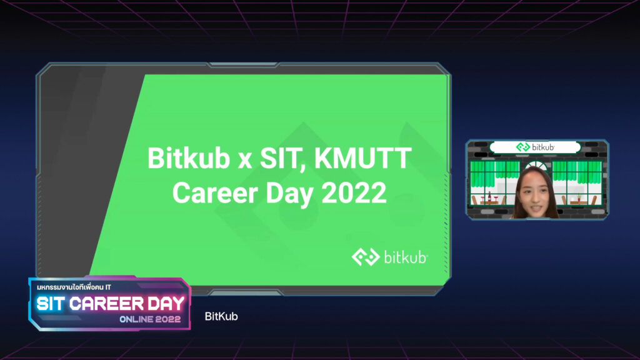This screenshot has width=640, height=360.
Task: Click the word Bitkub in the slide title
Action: tap(189, 158)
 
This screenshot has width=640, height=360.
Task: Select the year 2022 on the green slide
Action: tap(354, 192)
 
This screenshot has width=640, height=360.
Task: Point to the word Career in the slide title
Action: tap(215, 192)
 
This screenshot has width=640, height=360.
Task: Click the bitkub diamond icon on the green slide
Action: tap(366, 257)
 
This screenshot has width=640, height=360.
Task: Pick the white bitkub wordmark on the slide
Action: tap(406, 257)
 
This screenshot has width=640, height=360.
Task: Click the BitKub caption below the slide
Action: tap(221, 316)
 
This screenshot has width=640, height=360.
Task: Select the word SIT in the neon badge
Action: tap(51, 304)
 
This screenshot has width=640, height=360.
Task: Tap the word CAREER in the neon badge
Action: tap(106, 304)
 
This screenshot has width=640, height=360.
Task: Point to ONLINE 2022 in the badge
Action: tap(150, 319)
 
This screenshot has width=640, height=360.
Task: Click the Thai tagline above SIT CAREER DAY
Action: tap(74, 287)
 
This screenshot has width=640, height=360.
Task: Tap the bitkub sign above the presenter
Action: tap(535, 147)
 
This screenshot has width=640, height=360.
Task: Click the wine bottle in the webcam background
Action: tap(489, 196)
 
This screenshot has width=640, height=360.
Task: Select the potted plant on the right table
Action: tap(578, 197)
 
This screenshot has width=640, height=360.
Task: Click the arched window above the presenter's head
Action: tap(536, 165)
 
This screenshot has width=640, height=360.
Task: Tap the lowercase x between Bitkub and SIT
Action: tap(245, 161)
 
